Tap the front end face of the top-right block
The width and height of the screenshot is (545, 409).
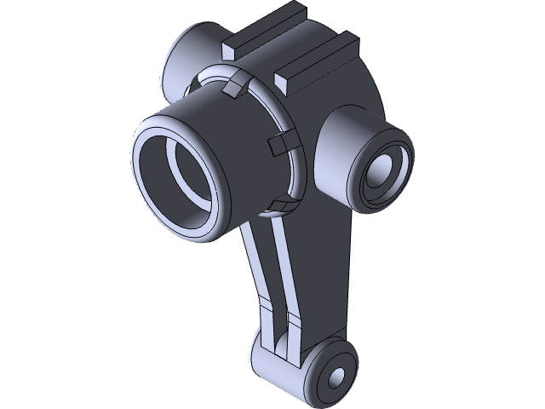(x=287, y=80)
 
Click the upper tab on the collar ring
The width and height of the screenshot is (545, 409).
(x=235, y=85)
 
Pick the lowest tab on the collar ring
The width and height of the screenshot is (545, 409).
(x=277, y=204)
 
